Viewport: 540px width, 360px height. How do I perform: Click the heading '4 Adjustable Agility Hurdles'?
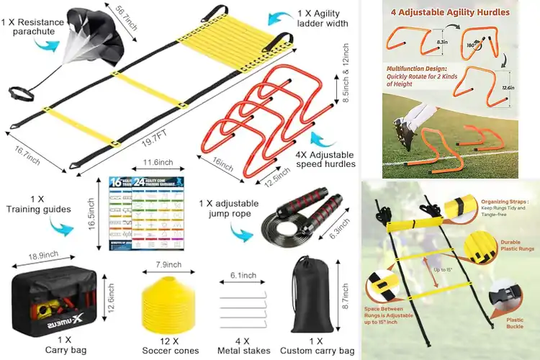click(x=450, y=12)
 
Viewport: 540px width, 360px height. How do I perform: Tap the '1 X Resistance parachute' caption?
click(x=30, y=28)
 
